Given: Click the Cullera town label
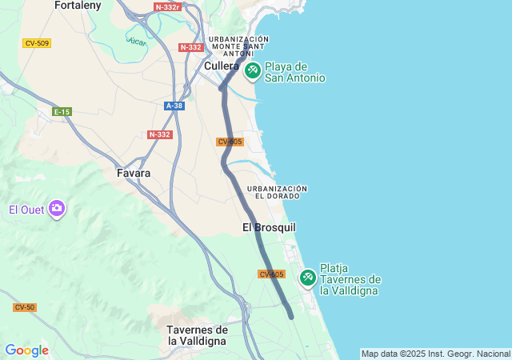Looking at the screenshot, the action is coord(222,66).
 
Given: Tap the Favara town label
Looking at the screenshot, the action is coord(134,172).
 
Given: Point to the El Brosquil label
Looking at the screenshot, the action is coord(269,228).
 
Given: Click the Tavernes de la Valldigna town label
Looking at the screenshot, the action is coord(198,335).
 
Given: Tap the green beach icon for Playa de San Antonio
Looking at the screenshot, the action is coord(252,71).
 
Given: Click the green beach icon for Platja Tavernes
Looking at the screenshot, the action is coord(307,278).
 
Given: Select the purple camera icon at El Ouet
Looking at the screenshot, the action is coord(57,210).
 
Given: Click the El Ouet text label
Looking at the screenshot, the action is coord(24,210).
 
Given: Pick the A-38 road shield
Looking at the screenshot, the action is coord(174,106).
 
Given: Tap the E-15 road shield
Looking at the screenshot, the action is coord(62,112).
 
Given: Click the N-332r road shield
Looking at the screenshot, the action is coord(167,6).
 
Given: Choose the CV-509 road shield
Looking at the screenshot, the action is coord(37,43).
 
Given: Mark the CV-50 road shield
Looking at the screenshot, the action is coord(24,307).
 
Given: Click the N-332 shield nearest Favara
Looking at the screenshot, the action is coord(160,134).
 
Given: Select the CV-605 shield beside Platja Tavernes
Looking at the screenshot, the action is coord(272,274).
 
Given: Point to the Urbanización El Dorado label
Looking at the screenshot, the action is coord(278,192).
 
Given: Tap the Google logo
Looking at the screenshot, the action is coord(26,350).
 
